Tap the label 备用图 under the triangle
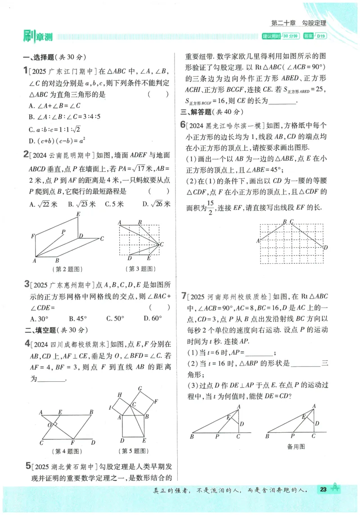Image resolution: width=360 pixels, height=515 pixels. [296, 447]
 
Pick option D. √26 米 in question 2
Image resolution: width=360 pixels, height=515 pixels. [156, 204]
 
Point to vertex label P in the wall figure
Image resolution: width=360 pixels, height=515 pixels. [63, 231]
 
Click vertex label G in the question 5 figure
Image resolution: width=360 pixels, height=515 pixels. [140, 389]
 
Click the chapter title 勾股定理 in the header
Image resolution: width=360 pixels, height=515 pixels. [314, 23]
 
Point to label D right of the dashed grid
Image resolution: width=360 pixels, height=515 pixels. [325, 247]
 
